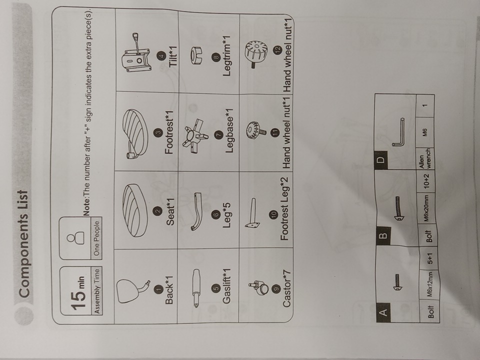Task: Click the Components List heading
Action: (x=24, y=243)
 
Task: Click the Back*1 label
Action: (x=169, y=290)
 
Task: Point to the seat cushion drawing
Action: (x=134, y=210)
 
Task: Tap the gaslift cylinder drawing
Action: (x=195, y=288)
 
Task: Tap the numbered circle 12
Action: (x=277, y=50)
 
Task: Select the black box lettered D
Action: (x=381, y=159)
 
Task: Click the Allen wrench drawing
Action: (x=398, y=132)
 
